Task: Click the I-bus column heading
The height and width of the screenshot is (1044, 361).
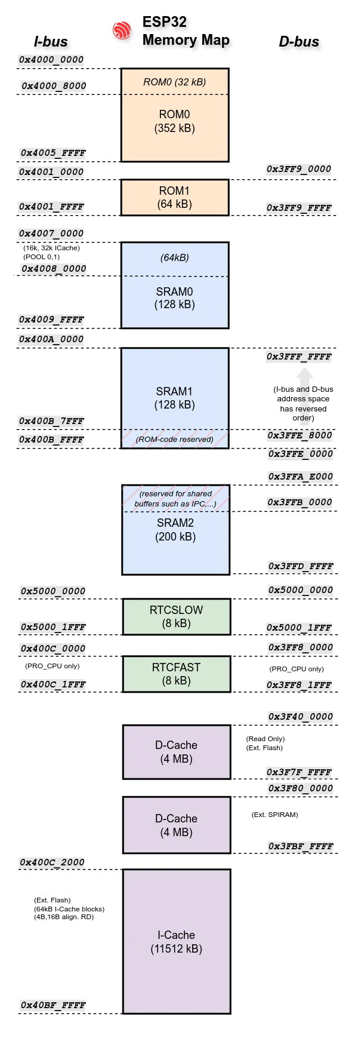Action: click(51, 42)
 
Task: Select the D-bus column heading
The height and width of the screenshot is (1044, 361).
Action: click(299, 42)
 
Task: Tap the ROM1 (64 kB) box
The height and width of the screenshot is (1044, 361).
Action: click(175, 198)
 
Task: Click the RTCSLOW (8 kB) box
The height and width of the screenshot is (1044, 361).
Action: click(176, 616)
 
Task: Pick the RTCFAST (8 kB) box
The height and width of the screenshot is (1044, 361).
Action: click(176, 674)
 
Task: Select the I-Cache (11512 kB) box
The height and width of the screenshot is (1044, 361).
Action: click(176, 941)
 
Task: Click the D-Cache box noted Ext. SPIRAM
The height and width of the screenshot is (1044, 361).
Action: click(176, 825)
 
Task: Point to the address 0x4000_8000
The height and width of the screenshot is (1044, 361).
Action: click(54, 86)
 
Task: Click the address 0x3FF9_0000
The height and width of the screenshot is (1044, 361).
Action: click(298, 169)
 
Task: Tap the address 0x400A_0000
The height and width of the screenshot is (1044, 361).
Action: click(51, 339)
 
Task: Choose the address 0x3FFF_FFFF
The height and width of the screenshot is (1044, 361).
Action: click(298, 357)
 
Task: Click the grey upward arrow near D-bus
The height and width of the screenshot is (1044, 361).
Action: click(304, 376)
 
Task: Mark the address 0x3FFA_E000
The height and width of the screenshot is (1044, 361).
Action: click(300, 477)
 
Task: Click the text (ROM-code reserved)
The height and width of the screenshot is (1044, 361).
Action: click(174, 440)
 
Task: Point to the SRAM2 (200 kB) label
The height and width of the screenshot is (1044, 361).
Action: click(175, 530)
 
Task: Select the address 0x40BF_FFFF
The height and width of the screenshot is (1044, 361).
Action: click(53, 1005)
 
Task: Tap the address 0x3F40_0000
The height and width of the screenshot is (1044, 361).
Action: click(300, 717)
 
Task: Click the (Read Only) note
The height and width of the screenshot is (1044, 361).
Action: click(265, 739)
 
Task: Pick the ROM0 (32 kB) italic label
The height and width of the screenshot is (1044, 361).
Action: click(174, 82)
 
